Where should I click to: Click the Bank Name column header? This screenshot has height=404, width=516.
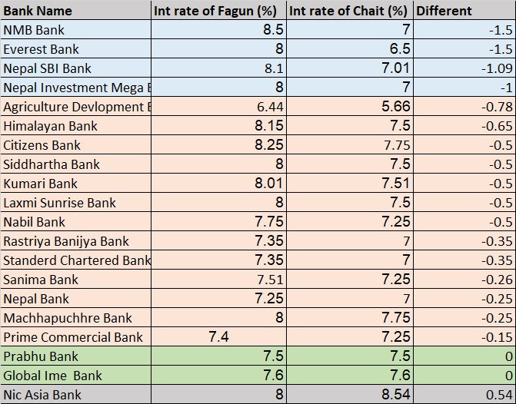(x=38, y=12)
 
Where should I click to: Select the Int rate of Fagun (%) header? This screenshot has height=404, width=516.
(x=215, y=12)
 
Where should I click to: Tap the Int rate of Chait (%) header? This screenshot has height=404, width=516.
(x=348, y=12)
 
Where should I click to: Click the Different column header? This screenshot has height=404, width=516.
(x=444, y=12)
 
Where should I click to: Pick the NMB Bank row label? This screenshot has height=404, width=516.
(x=34, y=30)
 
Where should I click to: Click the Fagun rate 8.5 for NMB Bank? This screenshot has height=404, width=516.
(x=273, y=30)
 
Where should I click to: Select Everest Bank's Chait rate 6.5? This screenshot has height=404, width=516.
(x=400, y=48)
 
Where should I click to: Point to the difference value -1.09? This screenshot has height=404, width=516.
(x=497, y=68)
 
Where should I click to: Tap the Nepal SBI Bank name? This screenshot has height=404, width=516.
(x=47, y=68)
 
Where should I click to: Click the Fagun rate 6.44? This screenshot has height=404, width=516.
(x=270, y=107)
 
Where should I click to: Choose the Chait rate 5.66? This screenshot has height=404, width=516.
(x=396, y=106)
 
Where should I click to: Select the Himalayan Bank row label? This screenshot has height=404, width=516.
(x=50, y=126)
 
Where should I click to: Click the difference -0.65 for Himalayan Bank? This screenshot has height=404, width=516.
(x=497, y=126)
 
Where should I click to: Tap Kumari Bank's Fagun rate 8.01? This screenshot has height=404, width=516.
(x=269, y=183)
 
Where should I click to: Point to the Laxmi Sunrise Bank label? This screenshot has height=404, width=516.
(x=59, y=203)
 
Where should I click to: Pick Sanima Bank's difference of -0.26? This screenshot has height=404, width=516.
(x=497, y=280)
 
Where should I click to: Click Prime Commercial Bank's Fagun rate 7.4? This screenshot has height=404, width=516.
(x=219, y=336)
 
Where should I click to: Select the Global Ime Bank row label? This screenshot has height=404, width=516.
(x=52, y=376)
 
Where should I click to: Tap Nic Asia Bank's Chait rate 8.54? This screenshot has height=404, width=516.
(x=396, y=394)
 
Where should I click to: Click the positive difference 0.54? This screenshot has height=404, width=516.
(x=500, y=395)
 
